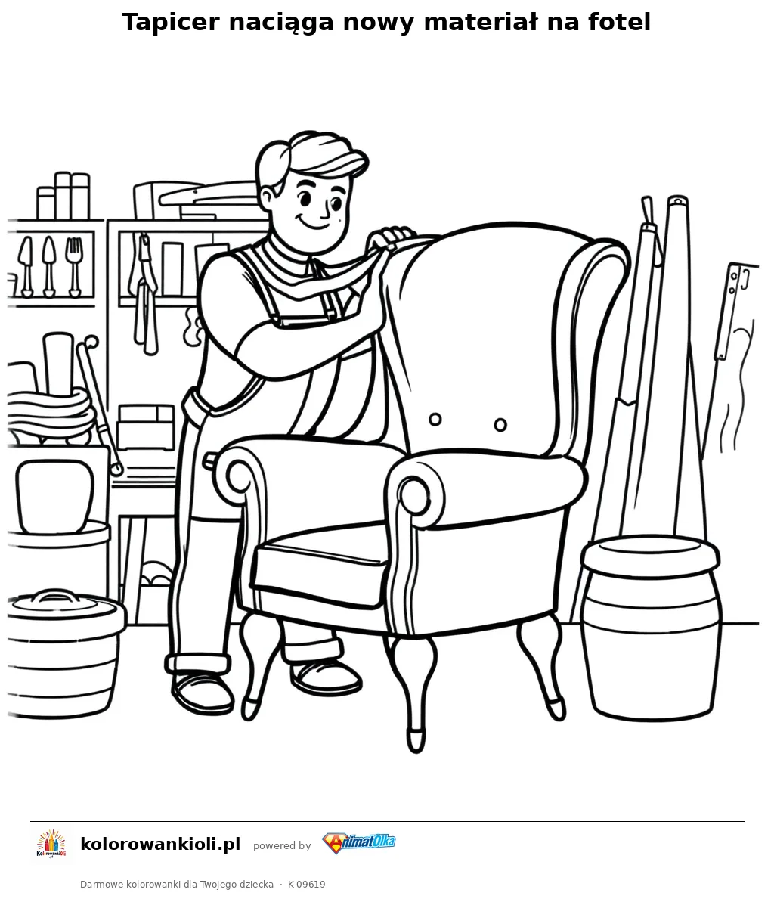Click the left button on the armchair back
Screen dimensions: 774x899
(x=435, y=419)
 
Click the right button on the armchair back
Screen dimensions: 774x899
(x=500, y=425)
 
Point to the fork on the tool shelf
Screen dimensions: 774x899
(x=74, y=266)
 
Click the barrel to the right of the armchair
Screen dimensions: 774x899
(x=651, y=627)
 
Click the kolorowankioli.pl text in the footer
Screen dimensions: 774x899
(x=160, y=844)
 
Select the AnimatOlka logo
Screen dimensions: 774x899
(x=359, y=843)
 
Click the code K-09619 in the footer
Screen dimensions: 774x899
(x=307, y=884)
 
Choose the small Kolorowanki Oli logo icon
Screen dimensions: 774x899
(x=51, y=844)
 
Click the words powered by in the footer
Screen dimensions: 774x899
(x=282, y=845)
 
